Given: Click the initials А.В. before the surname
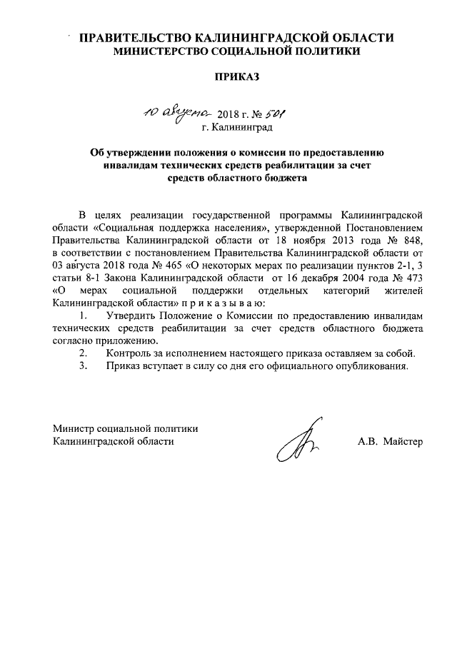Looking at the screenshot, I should (x=369, y=441).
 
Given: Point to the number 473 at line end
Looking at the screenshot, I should (x=413, y=278).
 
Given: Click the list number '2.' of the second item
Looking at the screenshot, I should (x=84, y=353).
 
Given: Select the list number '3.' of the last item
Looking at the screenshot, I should (x=84, y=366).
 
